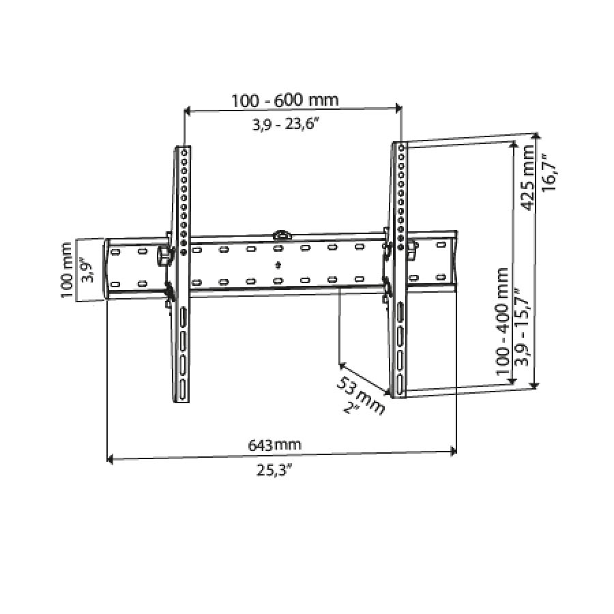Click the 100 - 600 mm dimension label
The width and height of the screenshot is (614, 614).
284,100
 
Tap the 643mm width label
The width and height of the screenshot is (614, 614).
274,445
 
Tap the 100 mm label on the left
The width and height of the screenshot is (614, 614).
67,269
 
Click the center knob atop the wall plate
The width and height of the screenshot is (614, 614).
281,234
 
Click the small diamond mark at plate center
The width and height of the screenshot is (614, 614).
278,265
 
